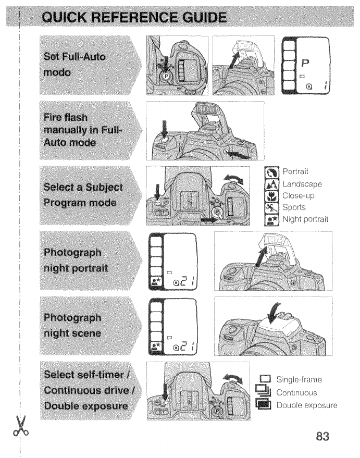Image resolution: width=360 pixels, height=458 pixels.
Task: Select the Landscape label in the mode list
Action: pos(302,184)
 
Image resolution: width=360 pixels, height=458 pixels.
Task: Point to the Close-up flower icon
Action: pos(272,196)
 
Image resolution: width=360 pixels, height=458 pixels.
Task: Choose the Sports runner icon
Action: pos(272,207)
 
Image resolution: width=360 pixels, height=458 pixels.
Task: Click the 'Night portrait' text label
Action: pos(305,219)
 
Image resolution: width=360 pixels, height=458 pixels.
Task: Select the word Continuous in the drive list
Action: pos(296,392)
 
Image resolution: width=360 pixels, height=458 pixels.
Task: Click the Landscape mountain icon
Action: pos(272,184)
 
